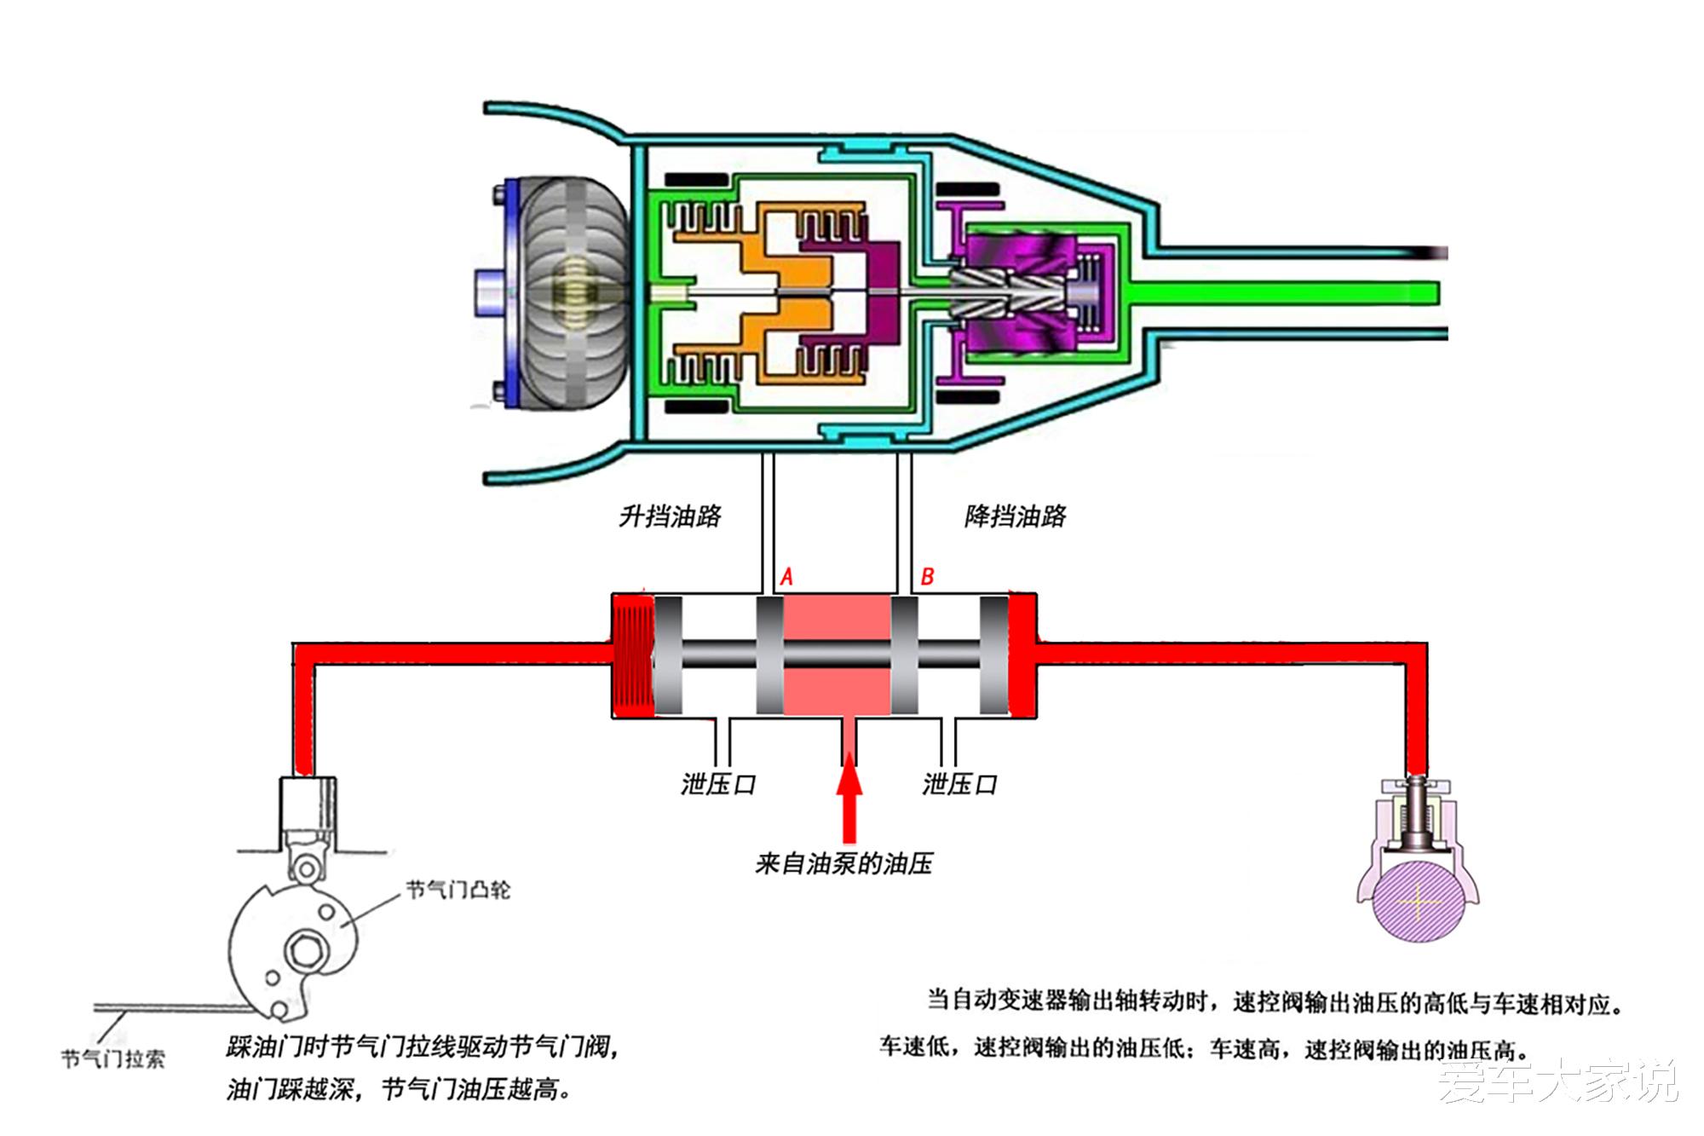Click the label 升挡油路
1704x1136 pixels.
[670, 516]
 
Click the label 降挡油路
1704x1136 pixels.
[1015, 516]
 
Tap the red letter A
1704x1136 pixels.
[786, 578]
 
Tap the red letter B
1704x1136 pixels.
[928, 578]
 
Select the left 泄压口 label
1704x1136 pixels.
[718, 784]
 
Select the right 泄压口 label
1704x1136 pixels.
[959, 784]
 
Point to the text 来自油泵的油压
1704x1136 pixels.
[843, 864]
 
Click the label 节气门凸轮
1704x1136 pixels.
[458, 891]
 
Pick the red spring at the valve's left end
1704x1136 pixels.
[632, 654]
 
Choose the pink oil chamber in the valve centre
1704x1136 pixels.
[837, 654]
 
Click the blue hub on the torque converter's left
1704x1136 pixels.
[489, 292]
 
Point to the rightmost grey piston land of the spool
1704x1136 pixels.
[993, 654]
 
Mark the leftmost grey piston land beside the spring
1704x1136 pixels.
[668, 654]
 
